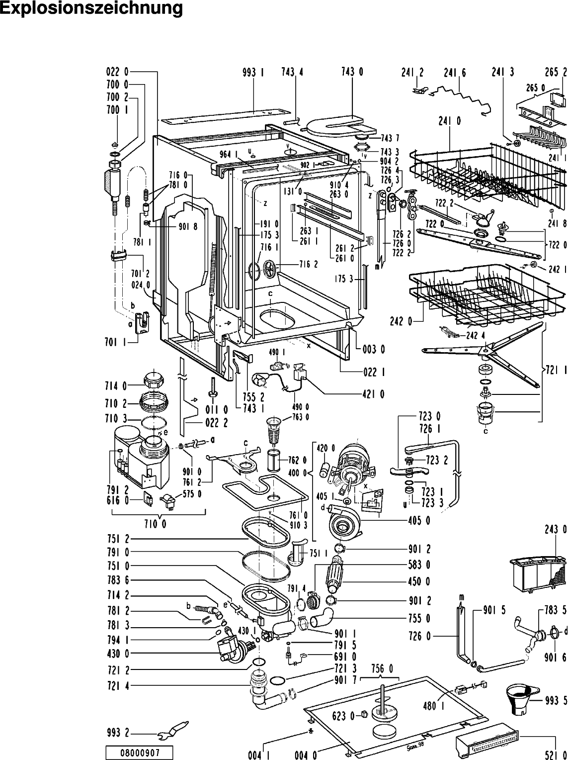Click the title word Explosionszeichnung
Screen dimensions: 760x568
91,9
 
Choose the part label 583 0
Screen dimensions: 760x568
420,565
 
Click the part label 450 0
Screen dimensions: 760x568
420,581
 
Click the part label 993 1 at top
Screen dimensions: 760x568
253,72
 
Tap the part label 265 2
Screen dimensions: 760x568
556,72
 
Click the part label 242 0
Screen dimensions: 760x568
404,322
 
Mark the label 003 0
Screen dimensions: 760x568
374,349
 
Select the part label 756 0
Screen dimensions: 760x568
382,667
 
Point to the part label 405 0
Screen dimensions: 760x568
420,520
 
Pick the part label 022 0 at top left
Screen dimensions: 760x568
117,72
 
